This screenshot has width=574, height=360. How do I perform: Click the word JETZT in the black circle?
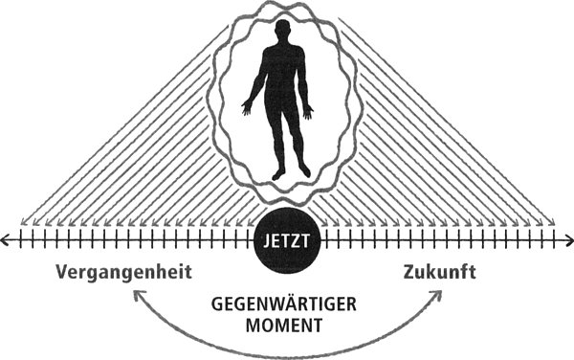(286, 239)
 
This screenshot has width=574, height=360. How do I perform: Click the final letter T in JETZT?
(306, 239)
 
